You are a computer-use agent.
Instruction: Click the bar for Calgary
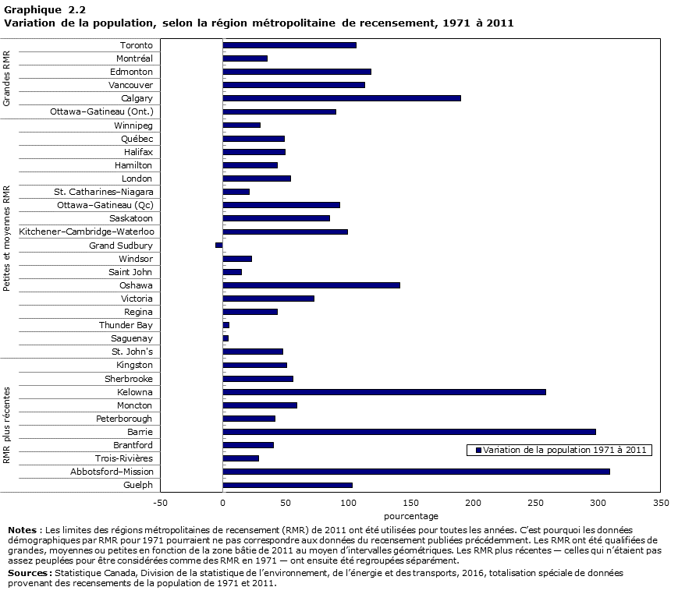[x=342, y=98]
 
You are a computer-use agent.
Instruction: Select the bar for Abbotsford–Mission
[x=416, y=472]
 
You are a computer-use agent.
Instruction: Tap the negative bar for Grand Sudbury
[x=219, y=246]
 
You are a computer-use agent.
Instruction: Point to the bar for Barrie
[x=409, y=432]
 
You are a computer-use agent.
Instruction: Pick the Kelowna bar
[x=384, y=392]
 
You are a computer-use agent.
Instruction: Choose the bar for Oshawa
[x=311, y=285]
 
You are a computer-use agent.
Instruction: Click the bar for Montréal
[x=245, y=58]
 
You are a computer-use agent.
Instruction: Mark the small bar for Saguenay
[x=225, y=338]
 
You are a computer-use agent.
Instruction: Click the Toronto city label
[x=137, y=45]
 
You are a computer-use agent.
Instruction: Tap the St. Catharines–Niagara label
[x=104, y=192]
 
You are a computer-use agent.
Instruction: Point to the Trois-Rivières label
[x=124, y=458]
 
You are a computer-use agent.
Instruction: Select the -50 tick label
[x=161, y=504]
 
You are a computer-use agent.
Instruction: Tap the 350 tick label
[x=660, y=504]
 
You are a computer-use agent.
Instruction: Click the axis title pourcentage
[x=410, y=516]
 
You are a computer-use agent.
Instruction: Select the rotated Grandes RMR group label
[x=7, y=79]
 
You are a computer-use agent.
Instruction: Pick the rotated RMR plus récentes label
[x=7, y=425]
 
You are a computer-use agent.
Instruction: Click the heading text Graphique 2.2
[x=45, y=10]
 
